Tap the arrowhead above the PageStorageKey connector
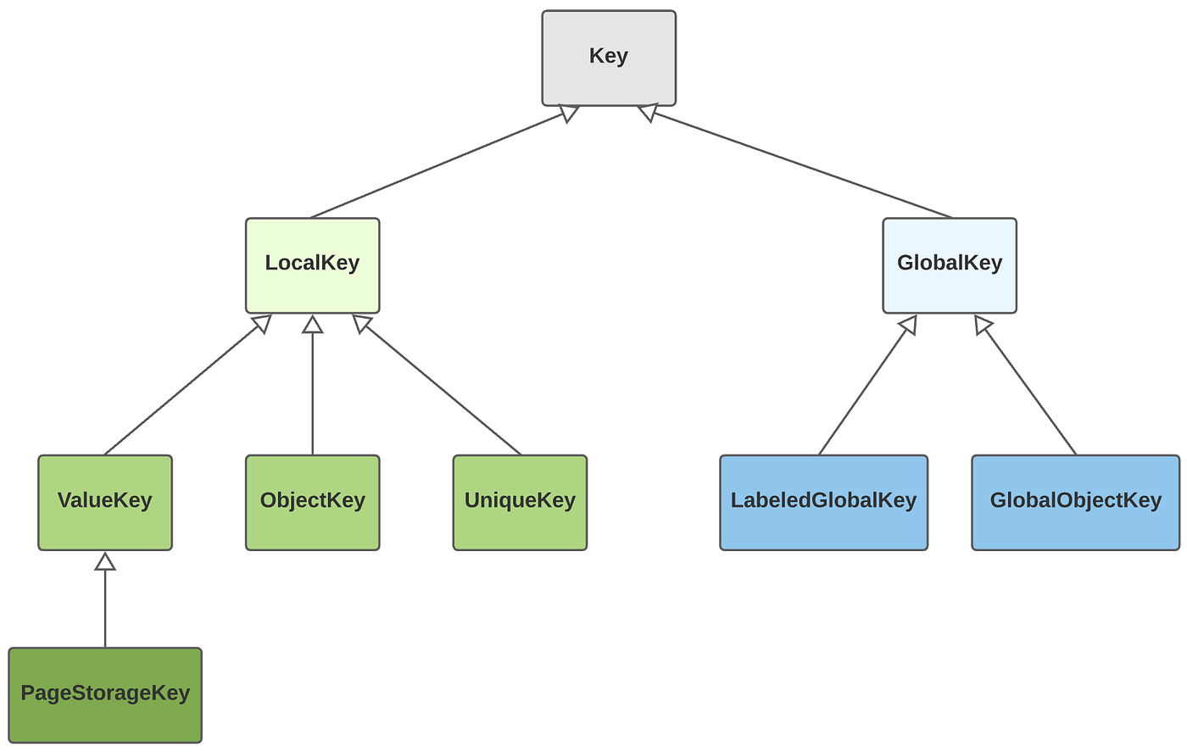pos(105,561)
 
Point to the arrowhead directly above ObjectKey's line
pos(312,324)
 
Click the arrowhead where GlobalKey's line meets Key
pos(648,112)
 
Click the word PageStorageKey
pos(105,694)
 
